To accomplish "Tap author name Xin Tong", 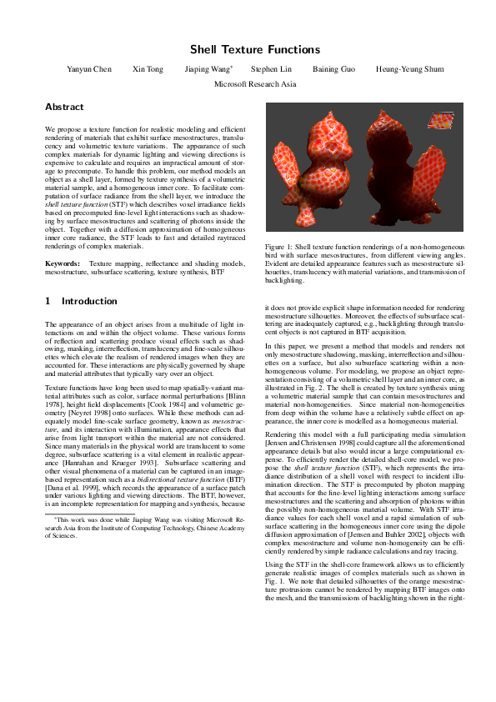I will tap(148, 69).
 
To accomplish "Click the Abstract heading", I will tap(64, 108).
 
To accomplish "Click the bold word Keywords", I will tap(63, 263).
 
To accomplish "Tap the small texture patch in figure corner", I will tap(439, 123).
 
